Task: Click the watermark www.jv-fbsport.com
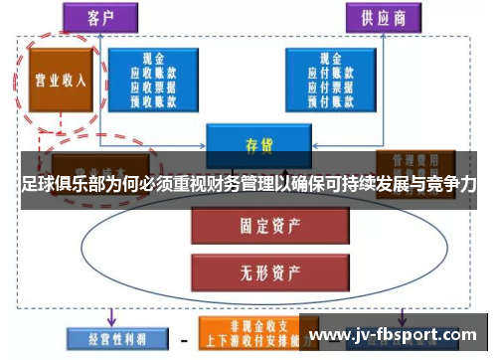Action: point(397,334)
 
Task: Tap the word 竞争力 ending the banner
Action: point(452,185)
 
